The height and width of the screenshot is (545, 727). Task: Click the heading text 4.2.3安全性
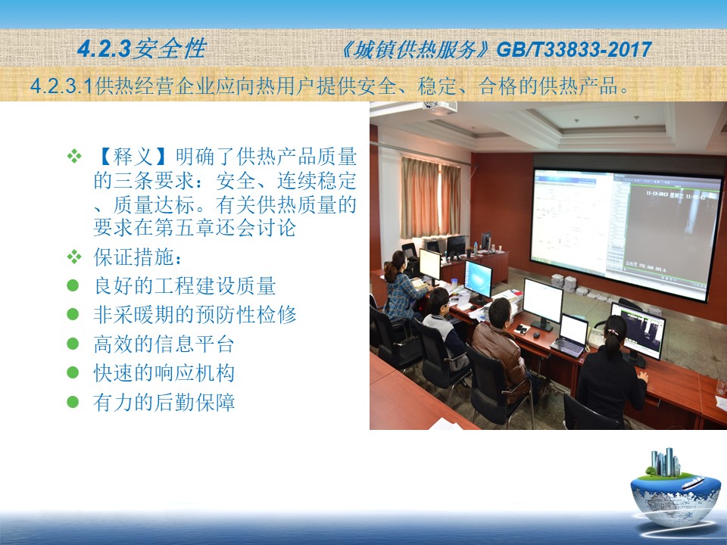(142, 48)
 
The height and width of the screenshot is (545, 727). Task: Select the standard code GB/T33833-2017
(574, 50)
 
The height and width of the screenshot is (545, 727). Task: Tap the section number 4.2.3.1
(62, 86)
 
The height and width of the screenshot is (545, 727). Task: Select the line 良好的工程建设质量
(185, 285)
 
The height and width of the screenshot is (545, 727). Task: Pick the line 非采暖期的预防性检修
(195, 314)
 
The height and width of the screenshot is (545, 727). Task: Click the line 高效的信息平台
(164, 344)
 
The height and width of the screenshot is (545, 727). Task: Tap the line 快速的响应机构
(164, 372)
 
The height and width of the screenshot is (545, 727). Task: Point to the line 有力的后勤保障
(164, 402)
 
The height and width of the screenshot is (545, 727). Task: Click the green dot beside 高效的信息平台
(73, 344)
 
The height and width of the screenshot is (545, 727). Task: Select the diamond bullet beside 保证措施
(74, 257)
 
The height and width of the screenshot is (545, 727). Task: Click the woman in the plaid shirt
(401, 288)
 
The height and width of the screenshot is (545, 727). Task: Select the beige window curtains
(431, 198)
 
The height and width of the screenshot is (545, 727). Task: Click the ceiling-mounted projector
(438, 107)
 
